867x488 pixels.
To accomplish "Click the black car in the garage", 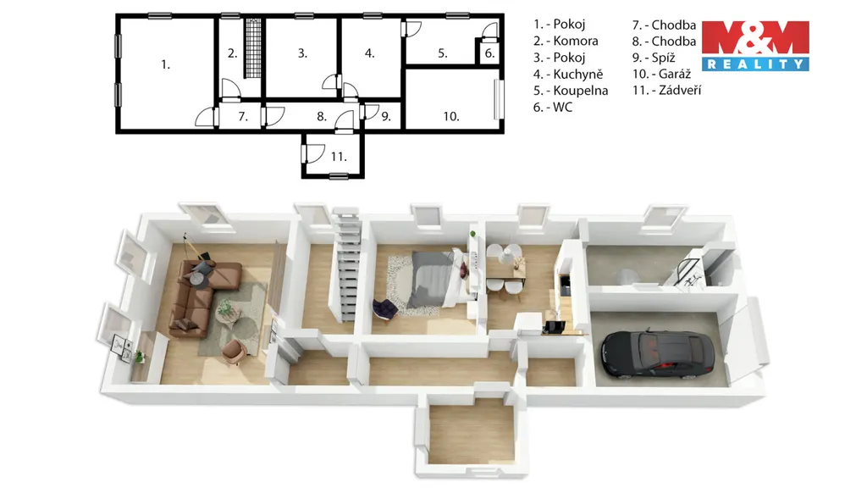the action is (x=657, y=353).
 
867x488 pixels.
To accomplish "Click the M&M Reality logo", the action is (x=755, y=46).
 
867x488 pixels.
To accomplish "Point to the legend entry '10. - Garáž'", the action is (x=661, y=74).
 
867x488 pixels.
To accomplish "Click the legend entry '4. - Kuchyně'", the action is (x=568, y=75).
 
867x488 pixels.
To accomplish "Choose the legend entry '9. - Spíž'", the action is (x=654, y=58).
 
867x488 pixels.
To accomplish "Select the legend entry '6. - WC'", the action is (x=552, y=108).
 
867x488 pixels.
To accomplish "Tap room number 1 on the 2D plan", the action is (x=165, y=64).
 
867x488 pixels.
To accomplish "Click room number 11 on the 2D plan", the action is (x=339, y=157).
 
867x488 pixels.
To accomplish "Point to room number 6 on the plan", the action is (x=489, y=53).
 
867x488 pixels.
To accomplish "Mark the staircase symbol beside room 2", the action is (x=253, y=48).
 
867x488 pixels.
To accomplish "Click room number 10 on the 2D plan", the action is (x=450, y=116).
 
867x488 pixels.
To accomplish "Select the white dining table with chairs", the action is (x=505, y=269).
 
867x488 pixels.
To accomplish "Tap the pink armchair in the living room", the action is (x=235, y=352).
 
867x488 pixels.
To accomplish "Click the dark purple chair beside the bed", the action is (x=385, y=308).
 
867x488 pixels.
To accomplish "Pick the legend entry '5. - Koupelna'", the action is (x=571, y=91).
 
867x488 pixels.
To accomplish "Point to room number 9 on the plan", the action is (x=386, y=117).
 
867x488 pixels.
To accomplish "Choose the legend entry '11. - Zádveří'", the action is (x=667, y=90).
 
